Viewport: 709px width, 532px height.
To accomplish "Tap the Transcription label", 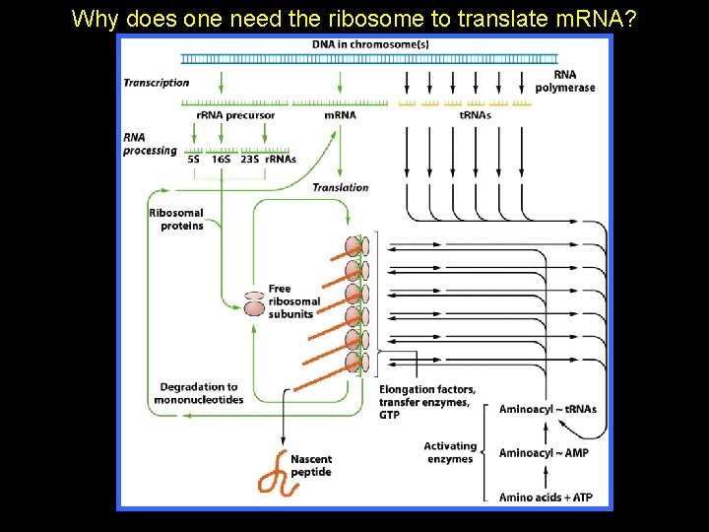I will click(x=157, y=83).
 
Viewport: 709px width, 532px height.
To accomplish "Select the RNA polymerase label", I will click(x=565, y=81).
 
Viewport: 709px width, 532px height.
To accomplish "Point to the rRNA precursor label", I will click(x=235, y=115).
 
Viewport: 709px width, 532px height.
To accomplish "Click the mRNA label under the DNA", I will click(x=340, y=115).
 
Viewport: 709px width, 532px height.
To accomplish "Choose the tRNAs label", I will click(x=476, y=115).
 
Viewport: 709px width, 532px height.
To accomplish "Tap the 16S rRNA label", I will click(x=222, y=159).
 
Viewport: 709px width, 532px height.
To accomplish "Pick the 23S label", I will click(x=250, y=159).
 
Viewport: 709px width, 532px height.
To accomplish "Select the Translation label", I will click(x=341, y=187).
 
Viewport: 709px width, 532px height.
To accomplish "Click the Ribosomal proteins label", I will click(x=176, y=219).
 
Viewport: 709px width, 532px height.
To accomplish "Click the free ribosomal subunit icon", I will click(x=254, y=303).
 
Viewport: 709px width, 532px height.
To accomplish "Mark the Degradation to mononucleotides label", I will click(x=199, y=393).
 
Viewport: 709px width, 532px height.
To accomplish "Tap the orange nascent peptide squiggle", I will click(x=273, y=478).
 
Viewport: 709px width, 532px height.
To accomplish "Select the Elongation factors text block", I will click(x=427, y=402).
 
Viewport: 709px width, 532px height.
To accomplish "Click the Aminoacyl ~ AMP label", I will click(x=544, y=453).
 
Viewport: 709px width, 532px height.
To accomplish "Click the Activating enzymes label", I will click(x=451, y=452).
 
